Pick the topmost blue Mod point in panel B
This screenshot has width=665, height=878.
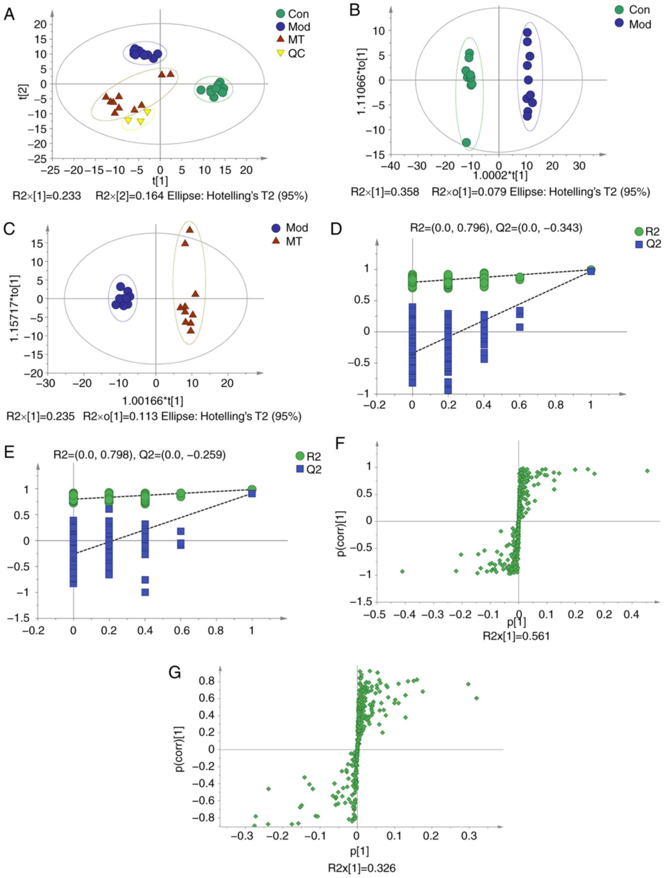(527, 32)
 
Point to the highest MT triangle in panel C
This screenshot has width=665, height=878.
(190, 230)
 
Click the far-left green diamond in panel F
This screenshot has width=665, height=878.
(402, 571)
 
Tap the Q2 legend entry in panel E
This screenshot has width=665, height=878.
(309, 469)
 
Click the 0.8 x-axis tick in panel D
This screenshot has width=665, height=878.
(556, 405)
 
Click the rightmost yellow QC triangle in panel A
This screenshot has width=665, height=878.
(147, 112)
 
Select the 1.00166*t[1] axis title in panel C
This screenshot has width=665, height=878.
(152, 401)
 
